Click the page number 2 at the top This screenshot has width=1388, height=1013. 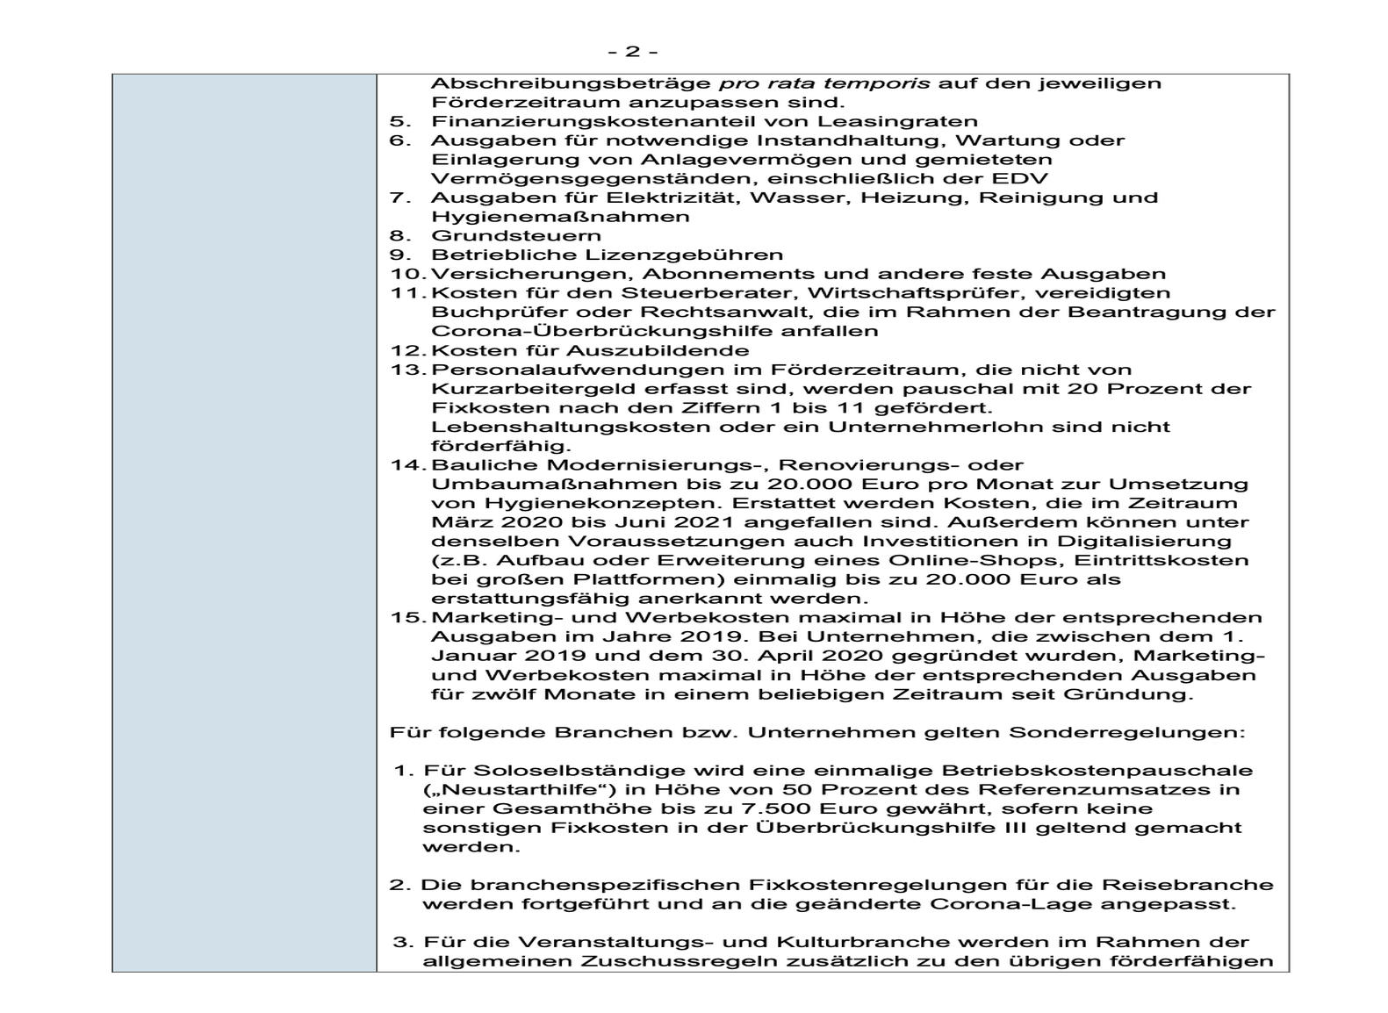tap(632, 52)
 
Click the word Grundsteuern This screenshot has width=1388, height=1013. tap(516, 235)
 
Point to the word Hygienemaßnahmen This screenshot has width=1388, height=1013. tap(560, 217)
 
